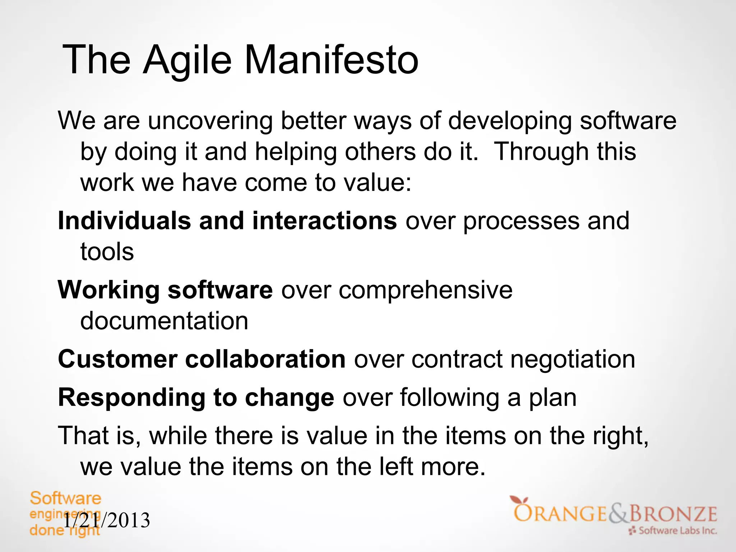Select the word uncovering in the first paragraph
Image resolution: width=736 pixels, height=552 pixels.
point(210,121)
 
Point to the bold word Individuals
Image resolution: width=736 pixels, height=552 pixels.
point(124,220)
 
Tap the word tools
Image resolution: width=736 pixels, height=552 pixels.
point(107,252)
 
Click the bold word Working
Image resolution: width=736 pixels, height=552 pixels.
point(109,290)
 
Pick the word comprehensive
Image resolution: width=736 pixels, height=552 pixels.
point(425,290)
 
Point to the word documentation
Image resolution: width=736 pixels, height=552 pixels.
point(164,321)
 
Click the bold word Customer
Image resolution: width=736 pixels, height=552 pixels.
point(118,359)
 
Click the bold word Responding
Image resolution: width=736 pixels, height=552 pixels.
point(132,398)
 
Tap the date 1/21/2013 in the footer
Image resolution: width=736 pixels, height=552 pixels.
point(107,520)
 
